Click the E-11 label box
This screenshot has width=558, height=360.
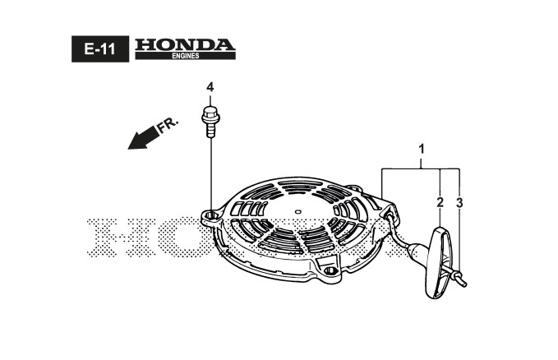(x=99, y=49)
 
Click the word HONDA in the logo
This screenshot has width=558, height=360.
(x=184, y=44)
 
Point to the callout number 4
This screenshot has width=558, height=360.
(x=210, y=87)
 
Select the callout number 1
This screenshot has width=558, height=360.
(x=421, y=150)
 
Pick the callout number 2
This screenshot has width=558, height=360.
(x=440, y=201)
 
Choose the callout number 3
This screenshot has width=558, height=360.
(x=459, y=201)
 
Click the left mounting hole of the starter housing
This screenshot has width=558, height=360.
(x=212, y=216)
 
